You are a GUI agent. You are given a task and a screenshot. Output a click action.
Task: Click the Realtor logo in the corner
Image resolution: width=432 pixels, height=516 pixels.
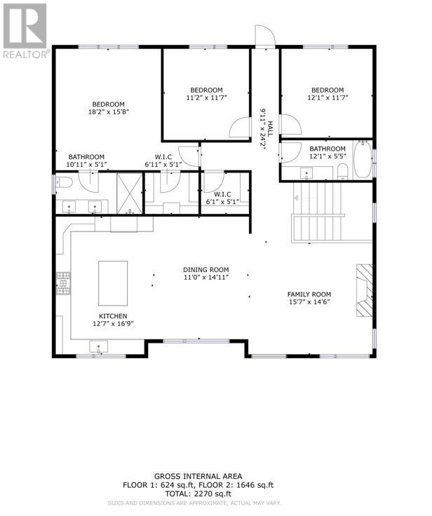[x=25, y=30]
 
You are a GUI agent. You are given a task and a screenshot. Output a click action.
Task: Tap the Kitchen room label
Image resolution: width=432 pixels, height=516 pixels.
[x=113, y=316]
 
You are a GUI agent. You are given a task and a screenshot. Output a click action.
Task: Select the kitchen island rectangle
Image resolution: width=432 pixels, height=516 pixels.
[x=113, y=283]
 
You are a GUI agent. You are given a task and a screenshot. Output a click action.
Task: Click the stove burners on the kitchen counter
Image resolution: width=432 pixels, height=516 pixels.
[x=63, y=283]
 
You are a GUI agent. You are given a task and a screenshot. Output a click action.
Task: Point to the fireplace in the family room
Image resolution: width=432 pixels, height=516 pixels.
[x=364, y=290]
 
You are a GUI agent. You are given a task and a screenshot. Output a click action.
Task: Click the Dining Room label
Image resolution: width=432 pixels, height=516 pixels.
[x=206, y=270]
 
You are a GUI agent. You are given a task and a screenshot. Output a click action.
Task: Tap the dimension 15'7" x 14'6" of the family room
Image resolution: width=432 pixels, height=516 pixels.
[x=309, y=302]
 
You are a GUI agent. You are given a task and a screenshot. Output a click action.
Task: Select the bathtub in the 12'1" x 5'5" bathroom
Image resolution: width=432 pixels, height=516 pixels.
[x=363, y=160]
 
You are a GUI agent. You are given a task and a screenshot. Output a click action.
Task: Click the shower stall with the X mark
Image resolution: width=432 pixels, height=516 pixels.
[x=130, y=193]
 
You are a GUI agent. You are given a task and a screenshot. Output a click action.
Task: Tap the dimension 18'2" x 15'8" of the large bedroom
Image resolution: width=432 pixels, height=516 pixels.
[x=108, y=112]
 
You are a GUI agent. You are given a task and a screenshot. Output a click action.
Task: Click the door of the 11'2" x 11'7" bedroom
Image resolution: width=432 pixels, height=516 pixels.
[x=240, y=127]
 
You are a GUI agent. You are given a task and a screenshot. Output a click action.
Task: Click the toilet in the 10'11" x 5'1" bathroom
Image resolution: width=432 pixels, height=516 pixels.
[x=64, y=182]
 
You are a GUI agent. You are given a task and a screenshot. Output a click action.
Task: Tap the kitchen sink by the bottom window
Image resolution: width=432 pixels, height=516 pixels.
[x=98, y=347]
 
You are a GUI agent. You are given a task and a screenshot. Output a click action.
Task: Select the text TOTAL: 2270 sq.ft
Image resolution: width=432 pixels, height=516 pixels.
[x=198, y=494]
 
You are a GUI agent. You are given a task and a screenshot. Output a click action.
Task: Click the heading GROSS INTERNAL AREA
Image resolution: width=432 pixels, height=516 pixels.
[x=198, y=476]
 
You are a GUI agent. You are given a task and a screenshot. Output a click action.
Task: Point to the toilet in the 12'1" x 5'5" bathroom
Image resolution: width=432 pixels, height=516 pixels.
[x=343, y=172]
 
